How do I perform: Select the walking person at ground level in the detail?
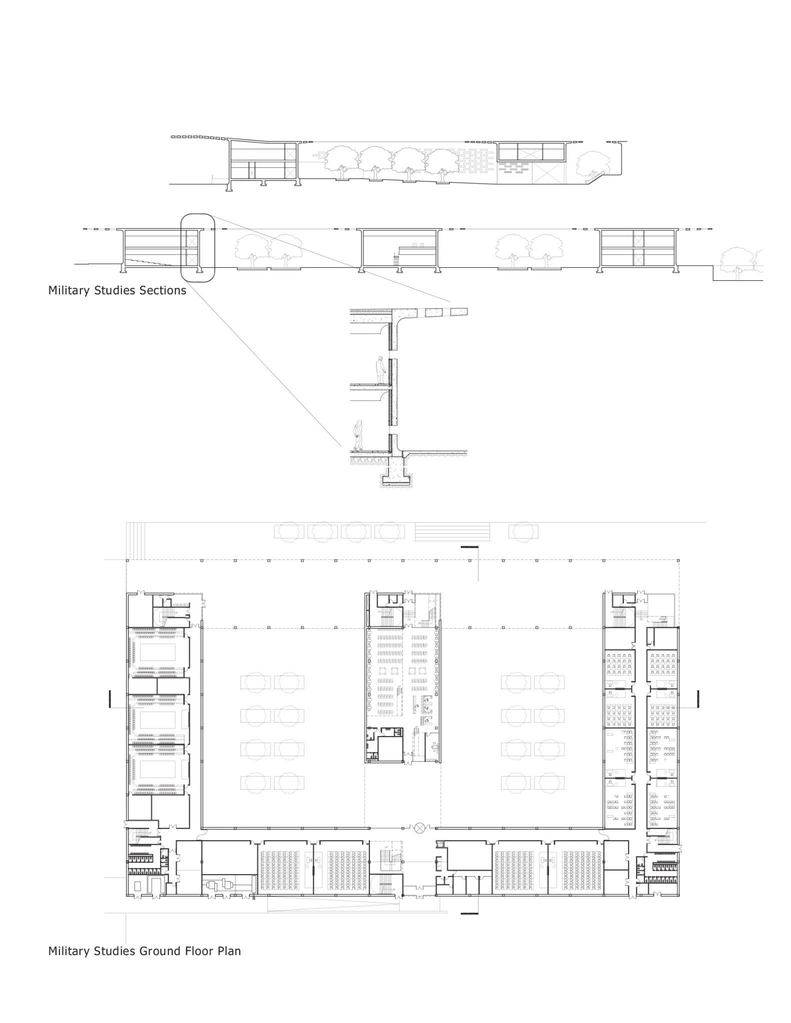357,435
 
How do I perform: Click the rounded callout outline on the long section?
197,247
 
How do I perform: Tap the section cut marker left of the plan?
109,699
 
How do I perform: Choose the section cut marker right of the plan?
697,699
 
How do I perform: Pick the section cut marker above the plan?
469,548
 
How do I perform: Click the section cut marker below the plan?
469,914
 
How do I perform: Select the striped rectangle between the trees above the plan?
452,531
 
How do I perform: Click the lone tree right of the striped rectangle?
523,531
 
